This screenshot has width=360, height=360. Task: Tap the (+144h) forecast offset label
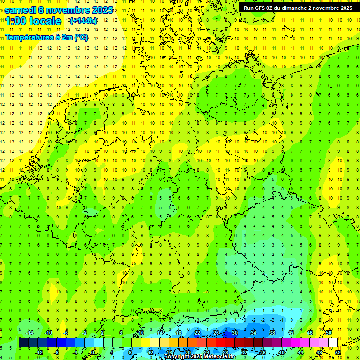pos(83,21)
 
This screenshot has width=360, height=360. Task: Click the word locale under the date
pos(45,21)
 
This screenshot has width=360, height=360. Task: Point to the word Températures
pos(28,37)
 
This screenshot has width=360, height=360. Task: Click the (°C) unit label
pos(81,37)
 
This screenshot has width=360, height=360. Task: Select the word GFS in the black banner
pos(262,8)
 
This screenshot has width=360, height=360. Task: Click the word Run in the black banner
pos(249,8)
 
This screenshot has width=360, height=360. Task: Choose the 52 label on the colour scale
pos(338,352)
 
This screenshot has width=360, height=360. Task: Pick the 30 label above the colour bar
pos(234,333)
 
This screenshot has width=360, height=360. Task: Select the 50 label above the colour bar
pos(329,333)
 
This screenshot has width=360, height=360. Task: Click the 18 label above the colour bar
pos(178,333)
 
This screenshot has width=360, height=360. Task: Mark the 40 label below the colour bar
pos(281,352)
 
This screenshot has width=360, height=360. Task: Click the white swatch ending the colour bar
pos(333,343)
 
